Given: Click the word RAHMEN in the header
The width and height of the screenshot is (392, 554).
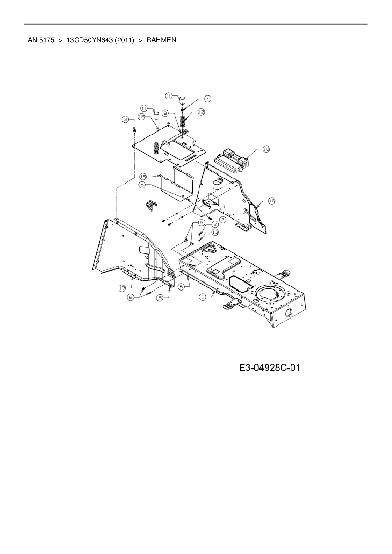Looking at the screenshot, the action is [161, 40].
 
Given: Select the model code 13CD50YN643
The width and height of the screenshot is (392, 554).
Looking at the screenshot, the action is [90, 40].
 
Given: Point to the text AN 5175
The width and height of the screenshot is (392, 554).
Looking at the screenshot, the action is [41, 40].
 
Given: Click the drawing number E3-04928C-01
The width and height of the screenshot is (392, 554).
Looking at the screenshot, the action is [269, 368].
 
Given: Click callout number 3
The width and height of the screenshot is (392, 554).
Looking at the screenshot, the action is [126, 119].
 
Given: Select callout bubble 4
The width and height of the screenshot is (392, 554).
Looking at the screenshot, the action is [207, 99].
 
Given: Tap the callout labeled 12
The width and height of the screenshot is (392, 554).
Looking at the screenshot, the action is [201, 111].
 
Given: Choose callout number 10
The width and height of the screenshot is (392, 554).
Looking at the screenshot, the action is [266, 149].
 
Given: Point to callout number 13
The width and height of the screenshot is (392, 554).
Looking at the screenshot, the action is [215, 232].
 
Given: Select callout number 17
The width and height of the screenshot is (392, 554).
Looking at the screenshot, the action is [123, 288].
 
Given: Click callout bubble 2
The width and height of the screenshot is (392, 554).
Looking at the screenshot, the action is [215, 224].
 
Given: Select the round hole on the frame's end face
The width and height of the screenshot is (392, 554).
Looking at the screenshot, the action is [289, 314].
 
